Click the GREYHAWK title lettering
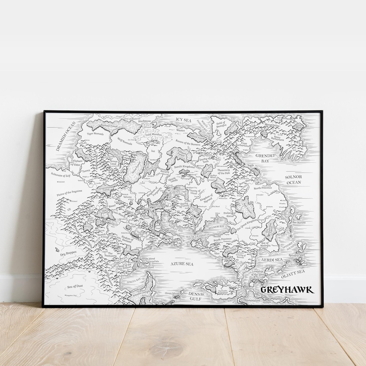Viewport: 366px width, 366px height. click(287, 290)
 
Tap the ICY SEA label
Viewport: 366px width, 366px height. click(184, 119)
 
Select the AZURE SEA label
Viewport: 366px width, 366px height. click(182, 264)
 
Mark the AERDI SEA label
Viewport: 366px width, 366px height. click(271, 259)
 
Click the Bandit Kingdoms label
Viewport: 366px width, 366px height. click(184, 167)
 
